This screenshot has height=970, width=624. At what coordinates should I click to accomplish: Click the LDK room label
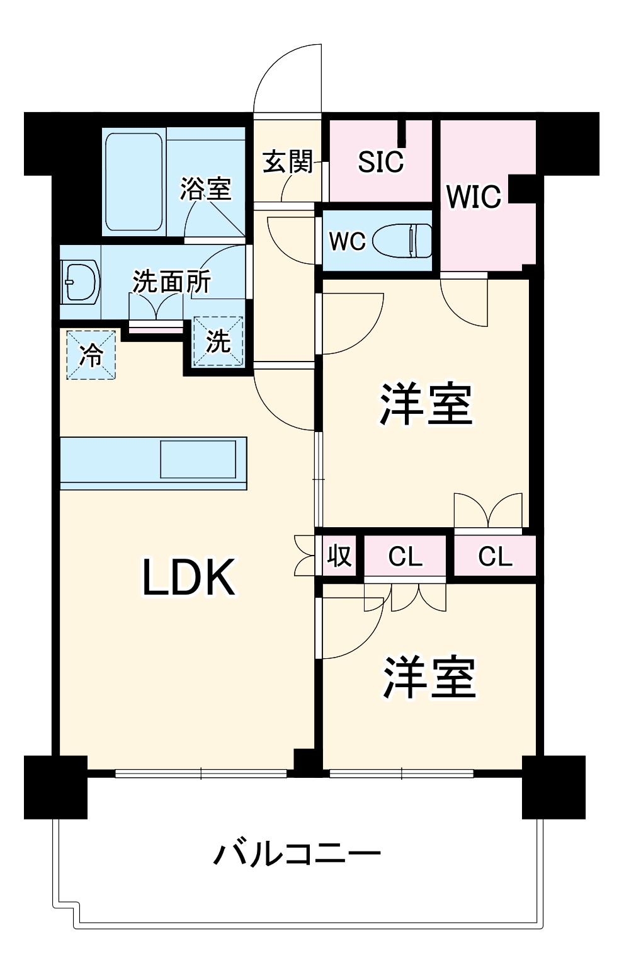click(x=188, y=578)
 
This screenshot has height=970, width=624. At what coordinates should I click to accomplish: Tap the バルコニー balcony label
click(x=297, y=854)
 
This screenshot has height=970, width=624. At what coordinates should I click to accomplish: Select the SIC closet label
click(x=380, y=162)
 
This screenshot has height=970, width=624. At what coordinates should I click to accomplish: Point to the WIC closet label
click(x=474, y=197)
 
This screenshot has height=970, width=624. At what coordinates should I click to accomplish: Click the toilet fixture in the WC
click(x=402, y=241)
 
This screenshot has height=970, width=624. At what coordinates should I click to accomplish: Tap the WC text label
click(x=347, y=241)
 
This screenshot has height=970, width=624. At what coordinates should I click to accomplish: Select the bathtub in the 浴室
click(x=134, y=182)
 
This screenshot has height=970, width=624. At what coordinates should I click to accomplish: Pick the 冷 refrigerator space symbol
click(x=91, y=355)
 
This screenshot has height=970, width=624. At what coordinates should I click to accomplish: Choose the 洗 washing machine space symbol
click(x=218, y=341)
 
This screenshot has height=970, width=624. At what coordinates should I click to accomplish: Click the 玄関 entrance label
click(x=288, y=162)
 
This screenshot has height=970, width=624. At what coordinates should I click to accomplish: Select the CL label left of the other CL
click(x=405, y=557)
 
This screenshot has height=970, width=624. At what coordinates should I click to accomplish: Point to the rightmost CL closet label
click(x=495, y=557)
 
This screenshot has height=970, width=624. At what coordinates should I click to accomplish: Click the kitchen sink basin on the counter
click(x=198, y=459)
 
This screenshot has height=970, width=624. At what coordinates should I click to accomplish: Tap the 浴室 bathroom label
click(x=205, y=188)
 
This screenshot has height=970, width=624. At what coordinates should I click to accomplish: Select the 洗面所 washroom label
click(x=171, y=282)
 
